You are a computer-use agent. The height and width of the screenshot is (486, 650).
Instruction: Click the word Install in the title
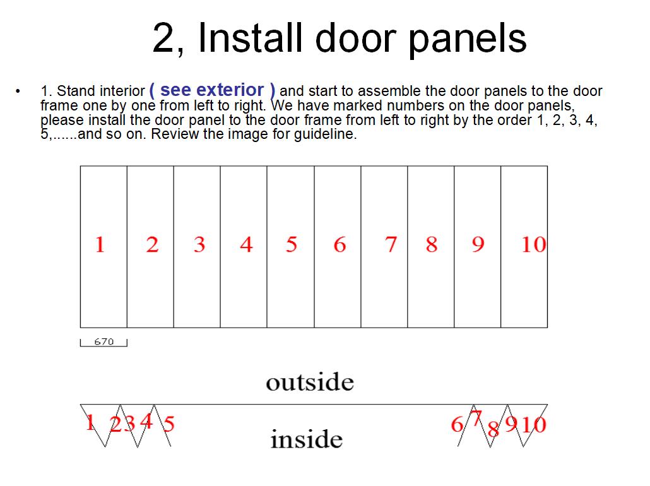coord(250,38)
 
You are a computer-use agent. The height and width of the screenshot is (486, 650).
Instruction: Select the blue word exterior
coord(230,90)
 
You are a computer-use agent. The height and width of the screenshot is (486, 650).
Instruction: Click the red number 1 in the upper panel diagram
coord(100,244)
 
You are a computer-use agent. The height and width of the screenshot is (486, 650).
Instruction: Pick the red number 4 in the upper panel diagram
coord(246,244)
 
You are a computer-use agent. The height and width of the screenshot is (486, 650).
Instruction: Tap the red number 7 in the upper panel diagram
coord(391,244)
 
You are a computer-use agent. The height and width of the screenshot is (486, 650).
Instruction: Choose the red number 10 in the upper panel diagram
coord(533,244)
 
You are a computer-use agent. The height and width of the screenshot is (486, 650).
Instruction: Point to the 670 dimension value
coord(103,341)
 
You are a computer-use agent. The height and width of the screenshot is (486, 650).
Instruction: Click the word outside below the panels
coord(310,381)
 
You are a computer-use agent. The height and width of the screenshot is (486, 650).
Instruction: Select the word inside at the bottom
coord(307,439)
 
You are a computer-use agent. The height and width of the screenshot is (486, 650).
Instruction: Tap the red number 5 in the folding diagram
coord(168,424)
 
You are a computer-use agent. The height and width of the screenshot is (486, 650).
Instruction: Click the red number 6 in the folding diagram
coord(457,424)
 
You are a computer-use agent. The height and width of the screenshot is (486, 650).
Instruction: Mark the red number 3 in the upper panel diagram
coord(199,244)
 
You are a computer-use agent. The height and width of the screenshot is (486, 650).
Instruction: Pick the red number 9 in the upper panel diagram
coord(478,244)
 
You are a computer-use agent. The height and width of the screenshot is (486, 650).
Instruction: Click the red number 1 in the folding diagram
coord(90,422)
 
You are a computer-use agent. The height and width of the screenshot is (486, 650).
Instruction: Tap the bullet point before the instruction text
coord(18,91)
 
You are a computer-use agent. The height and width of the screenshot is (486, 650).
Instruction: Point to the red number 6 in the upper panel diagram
coord(340,244)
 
